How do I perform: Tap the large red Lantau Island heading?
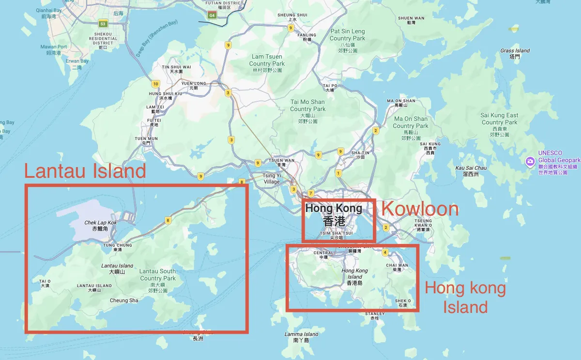[85, 171]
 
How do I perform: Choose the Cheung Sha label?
[124, 300]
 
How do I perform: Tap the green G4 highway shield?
[212, 15]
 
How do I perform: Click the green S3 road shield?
[103, 23]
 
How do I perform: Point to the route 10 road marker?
[155, 83]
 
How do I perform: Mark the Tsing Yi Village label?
[272, 179]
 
